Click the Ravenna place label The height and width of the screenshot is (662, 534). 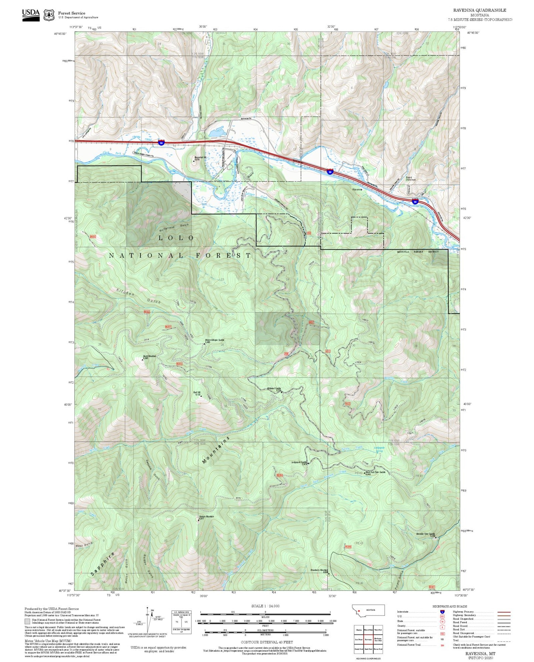(x=357, y=189)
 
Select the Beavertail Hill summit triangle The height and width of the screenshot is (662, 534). (x=194, y=161)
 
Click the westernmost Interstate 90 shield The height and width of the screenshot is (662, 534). (x=161, y=142)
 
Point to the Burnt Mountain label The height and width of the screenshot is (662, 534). (x=150, y=356)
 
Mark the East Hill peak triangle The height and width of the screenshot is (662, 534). (x=201, y=396)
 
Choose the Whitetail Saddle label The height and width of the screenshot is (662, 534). (x=274, y=389)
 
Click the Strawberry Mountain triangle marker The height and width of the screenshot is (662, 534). (x=329, y=574)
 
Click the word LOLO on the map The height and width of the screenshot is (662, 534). (x=176, y=238)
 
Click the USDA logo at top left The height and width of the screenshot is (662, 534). (x=31, y=14)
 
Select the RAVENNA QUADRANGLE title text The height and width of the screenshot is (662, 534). (x=480, y=10)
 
